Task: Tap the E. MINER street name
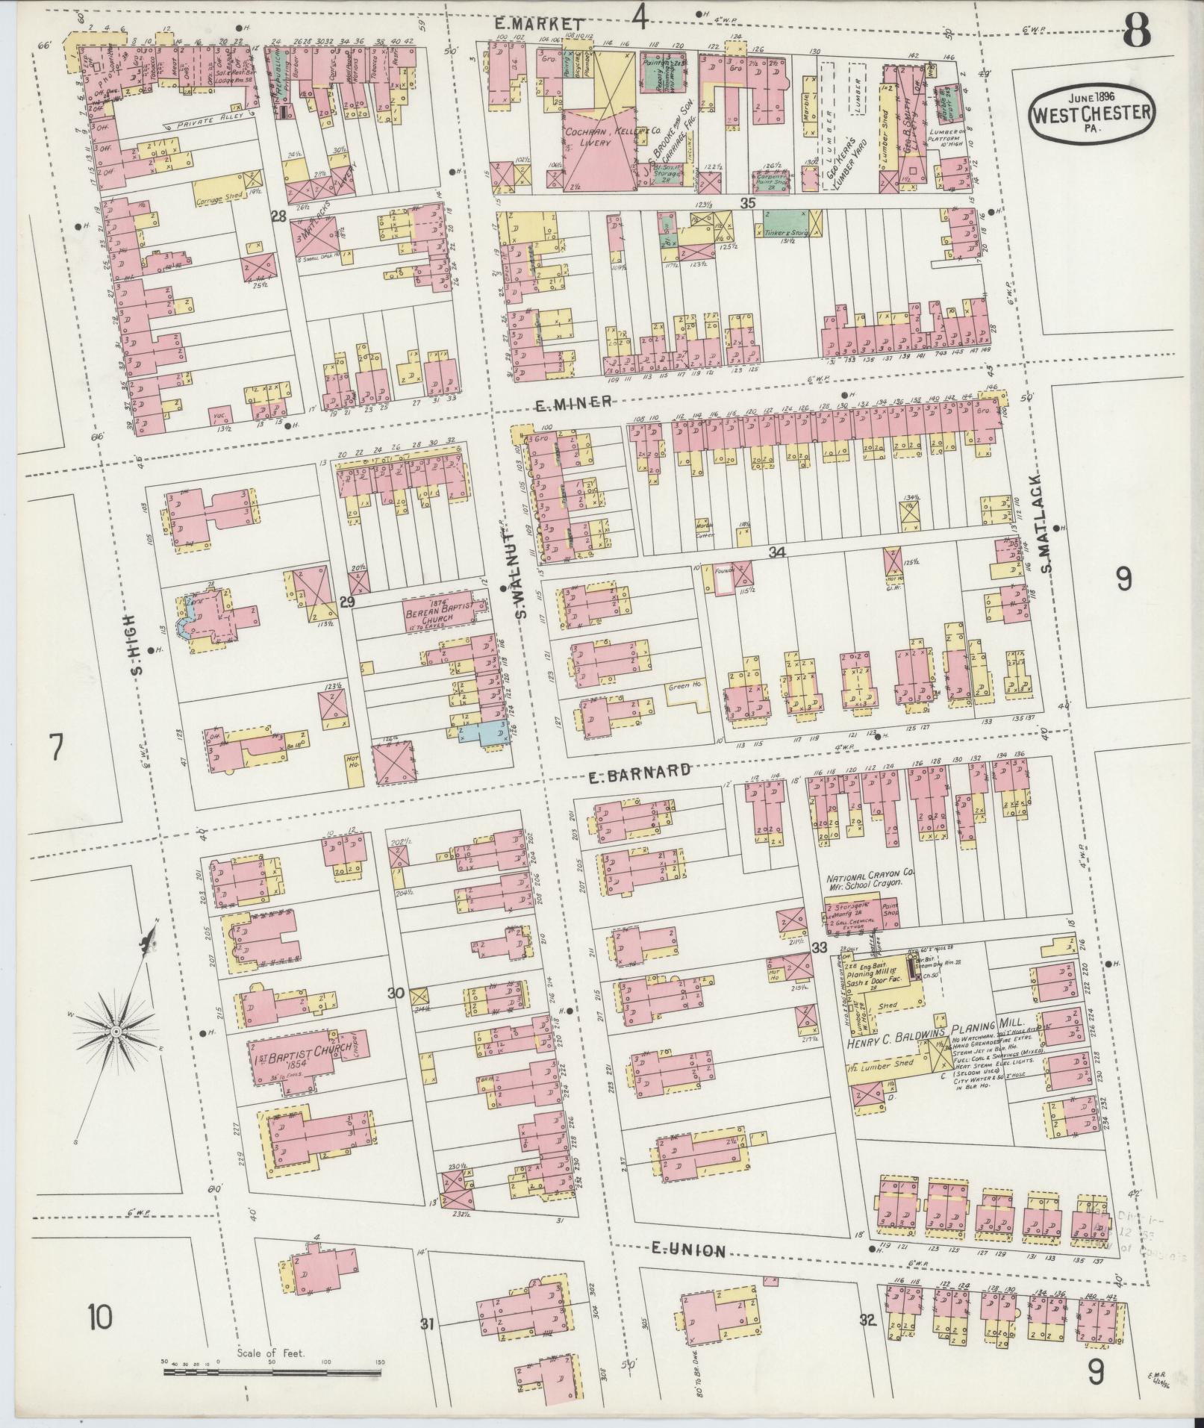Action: (574, 403)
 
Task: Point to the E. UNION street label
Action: (687, 1250)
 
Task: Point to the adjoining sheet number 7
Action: (55, 748)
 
